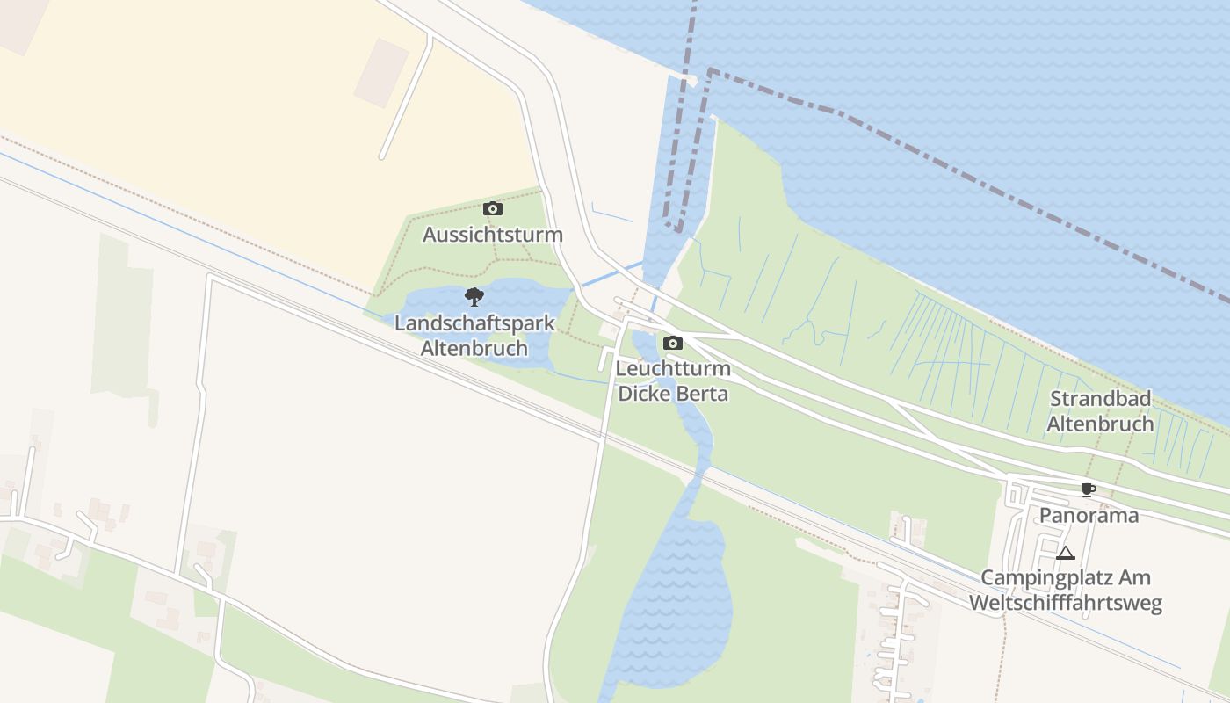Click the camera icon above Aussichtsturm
pos(493,208)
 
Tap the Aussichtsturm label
pos(493,235)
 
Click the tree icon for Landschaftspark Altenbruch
pos(474,296)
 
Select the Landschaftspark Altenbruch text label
pos(474,335)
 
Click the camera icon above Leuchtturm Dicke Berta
pos(673,343)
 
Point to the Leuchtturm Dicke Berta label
pos(673,380)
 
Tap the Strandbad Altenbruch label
pos(1100,411)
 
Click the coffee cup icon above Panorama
pos(1089,489)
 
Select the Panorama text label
pos(1089,515)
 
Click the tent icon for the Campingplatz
pos(1066,553)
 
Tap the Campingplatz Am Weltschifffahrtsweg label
pos(1065,591)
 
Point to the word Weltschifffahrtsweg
pos(1065,603)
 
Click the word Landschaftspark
pos(474,323)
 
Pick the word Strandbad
pos(1100,399)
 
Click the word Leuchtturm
pos(673,368)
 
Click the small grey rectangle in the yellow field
pos(381,73)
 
